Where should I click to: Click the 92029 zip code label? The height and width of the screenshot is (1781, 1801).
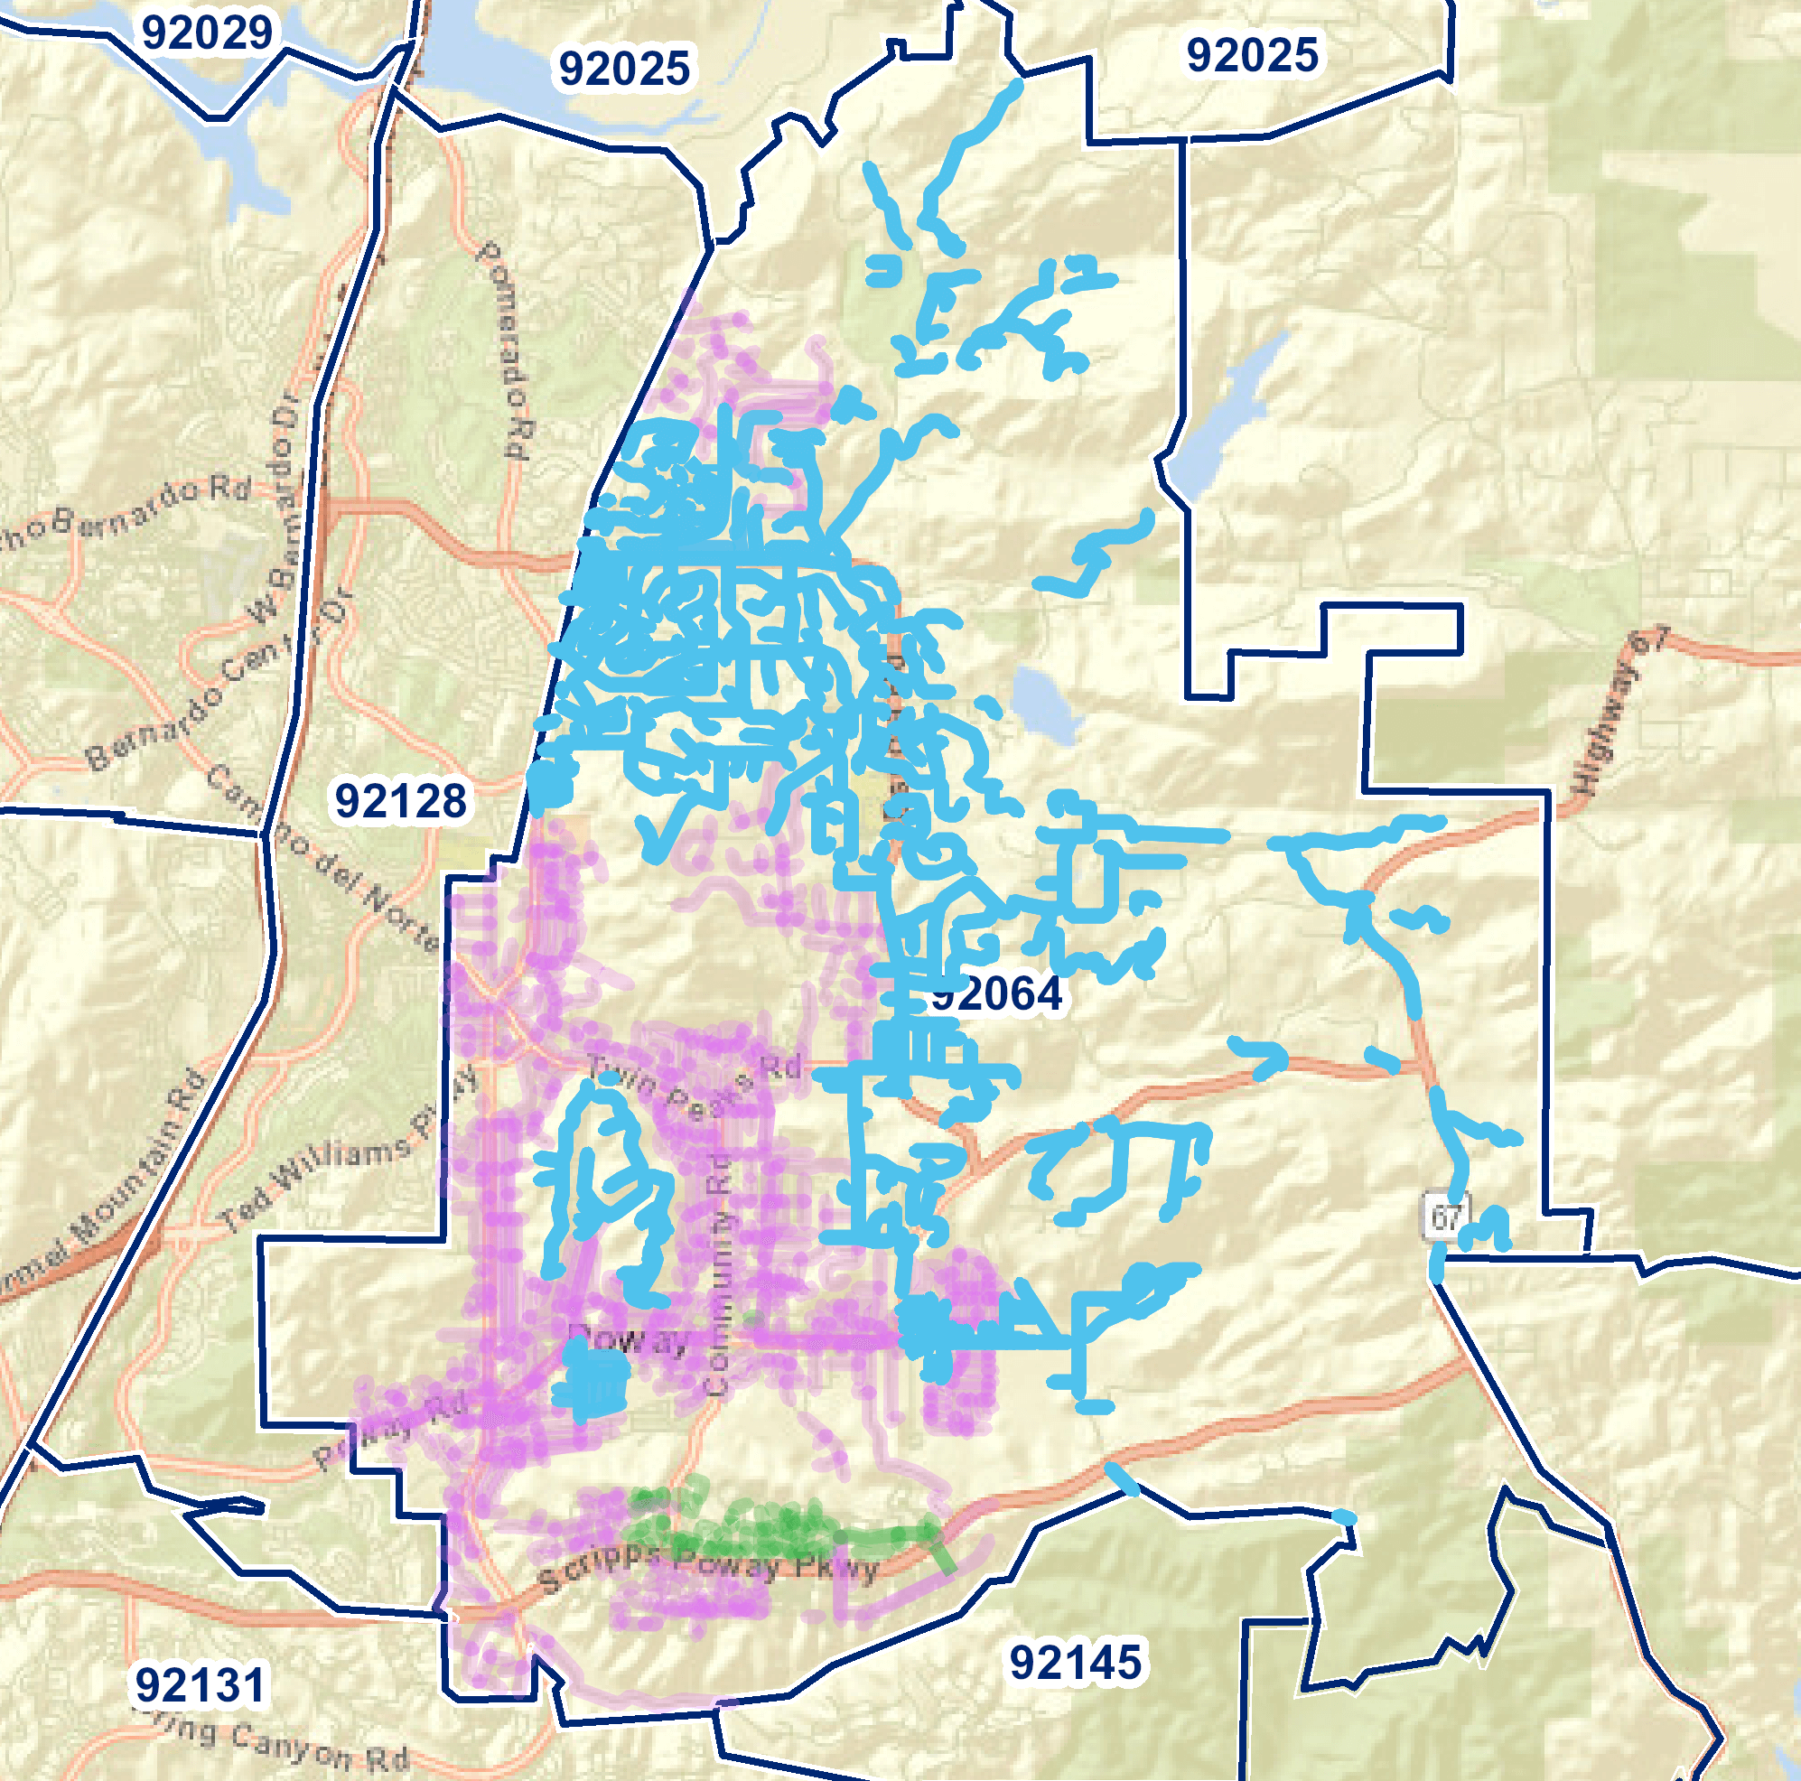[x=207, y=33]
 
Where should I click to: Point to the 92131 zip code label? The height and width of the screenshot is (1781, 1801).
[x=200, y=1684]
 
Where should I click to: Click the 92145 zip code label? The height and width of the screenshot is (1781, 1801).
[x=1075, y=1662]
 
